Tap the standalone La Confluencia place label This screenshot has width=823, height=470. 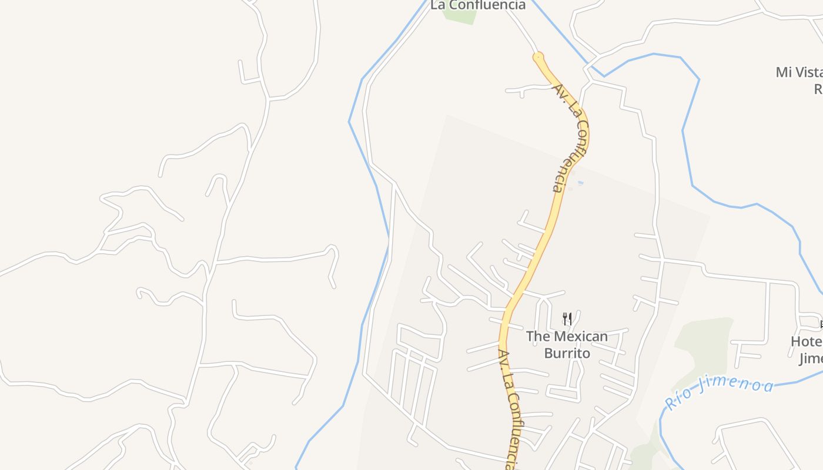coord(478,5)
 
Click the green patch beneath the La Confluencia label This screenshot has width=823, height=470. coord(460,16)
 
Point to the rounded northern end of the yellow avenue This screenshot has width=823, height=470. coord(538,58)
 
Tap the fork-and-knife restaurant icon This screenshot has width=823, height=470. coord(567,319)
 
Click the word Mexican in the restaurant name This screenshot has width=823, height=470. coord(580,337)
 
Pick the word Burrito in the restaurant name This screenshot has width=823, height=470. coord(567,353)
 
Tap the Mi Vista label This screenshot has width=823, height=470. coord(799,72)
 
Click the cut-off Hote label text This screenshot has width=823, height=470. coord(807,341)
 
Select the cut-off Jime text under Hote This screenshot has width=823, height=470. coord(811,358)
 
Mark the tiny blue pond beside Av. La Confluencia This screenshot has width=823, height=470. coord(581,183)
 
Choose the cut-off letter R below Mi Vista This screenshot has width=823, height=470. coord(818,89)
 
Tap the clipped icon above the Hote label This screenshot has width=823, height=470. coord(820,324)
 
